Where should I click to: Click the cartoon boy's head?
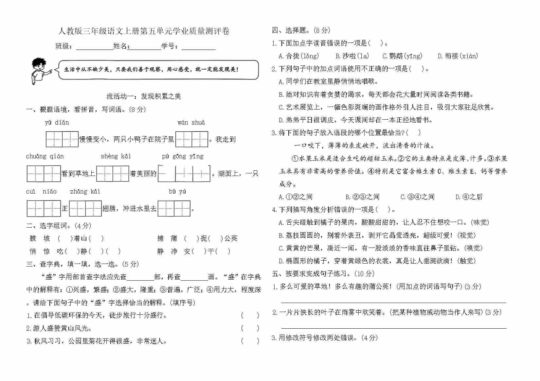coord(39,64)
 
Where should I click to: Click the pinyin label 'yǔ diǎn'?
coord(57,123)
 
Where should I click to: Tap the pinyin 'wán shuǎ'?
coord(191,123)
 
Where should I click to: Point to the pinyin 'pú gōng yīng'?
coord(183,156)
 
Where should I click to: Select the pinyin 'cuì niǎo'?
coord(41,191)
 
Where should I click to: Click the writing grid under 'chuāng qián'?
coord(44,174)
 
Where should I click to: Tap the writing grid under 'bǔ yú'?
coord(174,209)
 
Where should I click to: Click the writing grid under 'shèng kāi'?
coord(113,174)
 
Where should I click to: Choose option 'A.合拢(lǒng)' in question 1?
coord(298,56)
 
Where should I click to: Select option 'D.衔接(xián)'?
coord(458,56)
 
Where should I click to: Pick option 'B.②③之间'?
coord(362,197)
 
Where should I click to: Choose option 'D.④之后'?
coord(469,197)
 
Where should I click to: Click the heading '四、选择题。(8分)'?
coord(301,30)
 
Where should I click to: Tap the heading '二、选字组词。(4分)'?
coord(59,226)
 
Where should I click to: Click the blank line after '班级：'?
coord(94,46)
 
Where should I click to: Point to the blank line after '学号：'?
coord(199,46)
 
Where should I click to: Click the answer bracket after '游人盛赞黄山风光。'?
coord(250,328)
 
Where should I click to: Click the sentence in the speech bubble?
coord(151,69)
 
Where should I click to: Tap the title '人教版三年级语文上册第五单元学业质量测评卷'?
coord(144,31)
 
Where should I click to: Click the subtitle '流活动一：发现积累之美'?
coord(144,96)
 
